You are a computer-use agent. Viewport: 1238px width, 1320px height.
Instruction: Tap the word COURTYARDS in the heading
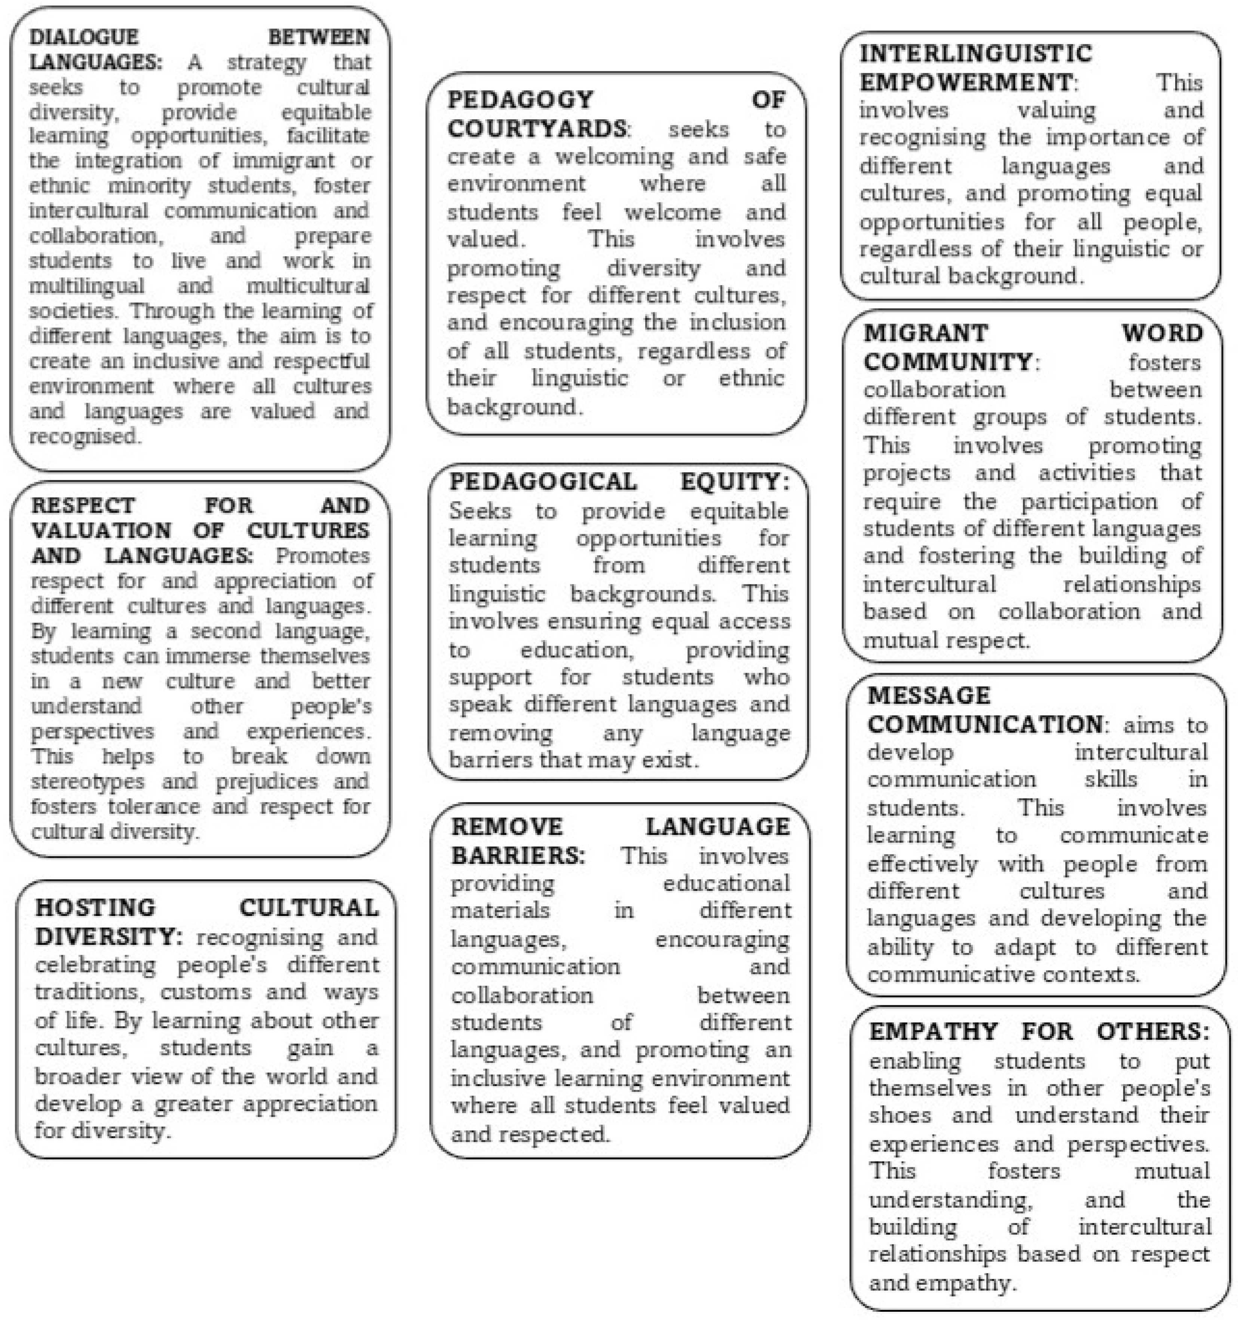[536, 128]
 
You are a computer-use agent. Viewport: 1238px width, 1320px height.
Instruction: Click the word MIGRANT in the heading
[926, 333]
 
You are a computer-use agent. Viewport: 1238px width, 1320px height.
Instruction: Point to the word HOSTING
[95, 907]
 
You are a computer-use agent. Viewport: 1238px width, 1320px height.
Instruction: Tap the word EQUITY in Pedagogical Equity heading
[735, 482]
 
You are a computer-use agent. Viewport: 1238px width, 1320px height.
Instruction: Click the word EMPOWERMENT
[966, 82]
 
